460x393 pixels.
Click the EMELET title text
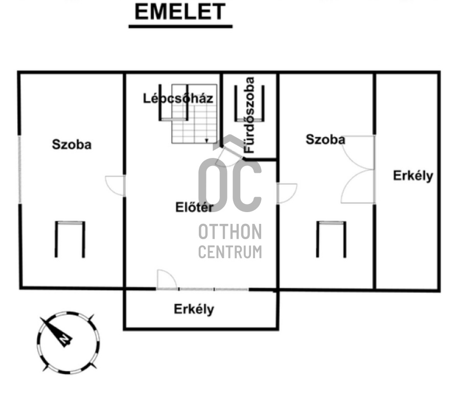(180, 12)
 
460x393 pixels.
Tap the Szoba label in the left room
(72, 145)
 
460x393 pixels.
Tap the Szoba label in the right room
(325, 139)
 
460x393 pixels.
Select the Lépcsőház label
(178, 98)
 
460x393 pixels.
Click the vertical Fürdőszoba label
(250, 115)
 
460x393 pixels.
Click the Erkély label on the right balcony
(413, 176)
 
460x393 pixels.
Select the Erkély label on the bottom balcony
(194, 309)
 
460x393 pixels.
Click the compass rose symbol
(68, 342)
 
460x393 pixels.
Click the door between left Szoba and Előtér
(116, 186)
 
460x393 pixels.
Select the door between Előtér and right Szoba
(287, 194)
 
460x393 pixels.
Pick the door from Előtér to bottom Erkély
(167, 280)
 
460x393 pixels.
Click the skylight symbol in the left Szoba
(70, 239)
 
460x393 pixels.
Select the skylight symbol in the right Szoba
(331, 239)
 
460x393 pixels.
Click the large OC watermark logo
(230, 179)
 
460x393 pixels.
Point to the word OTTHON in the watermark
(230, 232)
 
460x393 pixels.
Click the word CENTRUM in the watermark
(230, 251)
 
